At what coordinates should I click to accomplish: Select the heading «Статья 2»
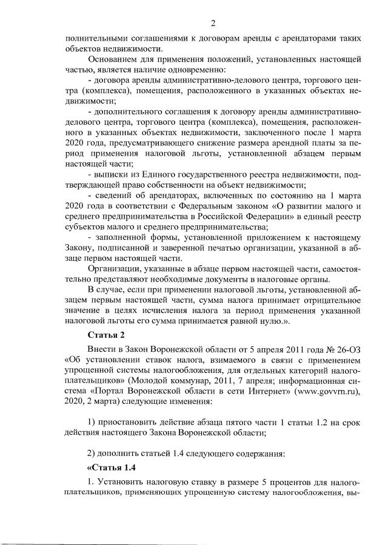tap(107, 334)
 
